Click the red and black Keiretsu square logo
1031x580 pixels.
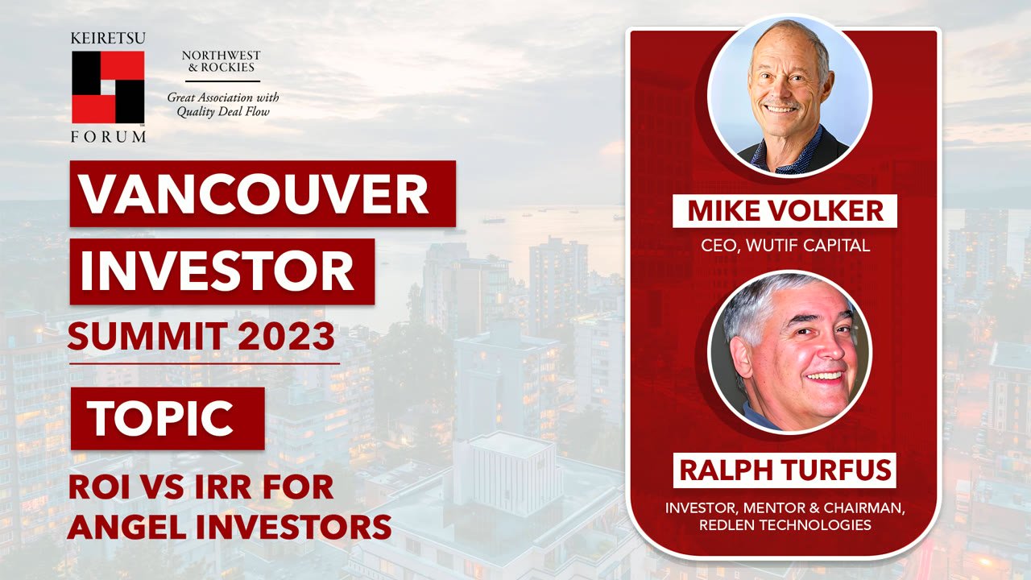[108, 86]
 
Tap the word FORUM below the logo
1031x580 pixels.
[108, 137]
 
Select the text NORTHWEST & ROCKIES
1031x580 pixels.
[221, 62]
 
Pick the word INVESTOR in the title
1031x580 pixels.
[217, 271]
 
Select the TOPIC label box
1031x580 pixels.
[167, 418]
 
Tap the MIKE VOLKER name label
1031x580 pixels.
[785, 211]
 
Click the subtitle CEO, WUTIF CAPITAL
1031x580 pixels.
[785, 245]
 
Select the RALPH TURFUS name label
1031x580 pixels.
[784, 470]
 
